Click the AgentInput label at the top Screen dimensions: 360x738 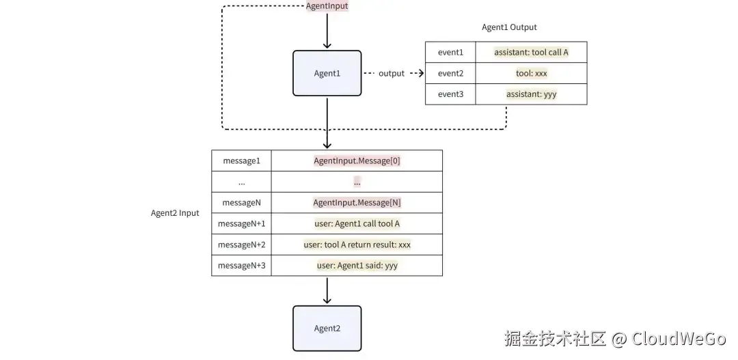click(x=327, y=6)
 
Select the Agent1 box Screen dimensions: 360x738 click(x=327, y=73)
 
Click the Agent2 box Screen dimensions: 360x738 click(x=327, y=329)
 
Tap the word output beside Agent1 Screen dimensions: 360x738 click(x=392, y=73)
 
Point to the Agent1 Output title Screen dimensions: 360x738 click(x=509, y=27)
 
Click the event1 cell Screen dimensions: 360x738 click(x=450, y=53)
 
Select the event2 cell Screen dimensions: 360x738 click(x=450, y=73)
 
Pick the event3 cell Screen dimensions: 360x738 click(x=450, y=94)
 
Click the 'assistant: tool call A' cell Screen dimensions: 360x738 click(x=531, y=53)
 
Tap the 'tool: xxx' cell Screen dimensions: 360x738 click(x=531, y=73)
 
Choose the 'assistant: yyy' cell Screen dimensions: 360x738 click(x=531, y=94)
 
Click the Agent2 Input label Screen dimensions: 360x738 click(x=175, y=213)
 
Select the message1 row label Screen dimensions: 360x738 click(x=241, y=161)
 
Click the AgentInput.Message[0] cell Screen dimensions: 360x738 click(x=357, y=161)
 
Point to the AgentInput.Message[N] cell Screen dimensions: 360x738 click(x=357, y=203)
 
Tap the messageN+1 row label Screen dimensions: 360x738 click(x=241, y=224)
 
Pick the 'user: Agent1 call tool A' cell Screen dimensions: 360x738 click(x=357, y=224)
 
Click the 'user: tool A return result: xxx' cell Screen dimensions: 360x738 click(x=357, y=245)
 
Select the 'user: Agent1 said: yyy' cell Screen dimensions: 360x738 click(x=357, y=266)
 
